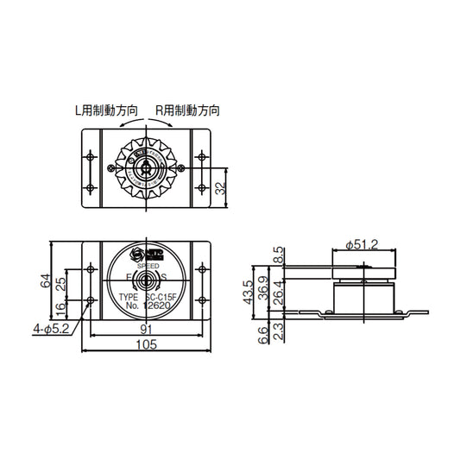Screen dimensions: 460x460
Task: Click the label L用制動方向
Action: pyautogui.click(x=106, y=110)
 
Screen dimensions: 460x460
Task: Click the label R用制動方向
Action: pyautogui.click(x=187, y=110)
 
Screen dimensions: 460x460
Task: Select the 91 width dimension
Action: pyautogui.click(x=148, y=329)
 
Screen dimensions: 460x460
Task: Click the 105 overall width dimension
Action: pyautogui.click(x=148, y=345)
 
